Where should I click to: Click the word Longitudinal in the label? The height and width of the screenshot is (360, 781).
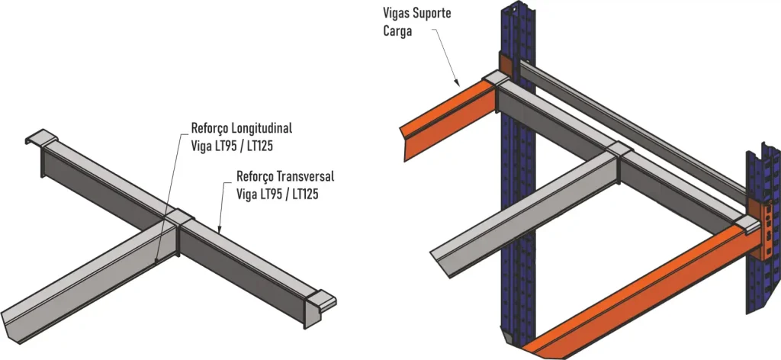(262, 128)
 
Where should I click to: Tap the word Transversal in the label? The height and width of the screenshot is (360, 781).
(305, 176)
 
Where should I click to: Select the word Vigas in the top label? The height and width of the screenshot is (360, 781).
(394, 13)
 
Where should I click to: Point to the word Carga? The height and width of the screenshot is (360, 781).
(397, 31)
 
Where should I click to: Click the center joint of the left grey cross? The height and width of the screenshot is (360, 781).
(178, 217)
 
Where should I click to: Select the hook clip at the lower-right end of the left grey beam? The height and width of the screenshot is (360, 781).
(320, 299)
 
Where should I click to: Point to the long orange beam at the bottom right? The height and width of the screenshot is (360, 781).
(638, 294)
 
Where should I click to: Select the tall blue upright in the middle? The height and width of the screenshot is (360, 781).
(518, 174)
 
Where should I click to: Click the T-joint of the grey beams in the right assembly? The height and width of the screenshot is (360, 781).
(619, 151)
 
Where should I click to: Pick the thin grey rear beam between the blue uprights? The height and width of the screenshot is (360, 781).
(632, 130)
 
